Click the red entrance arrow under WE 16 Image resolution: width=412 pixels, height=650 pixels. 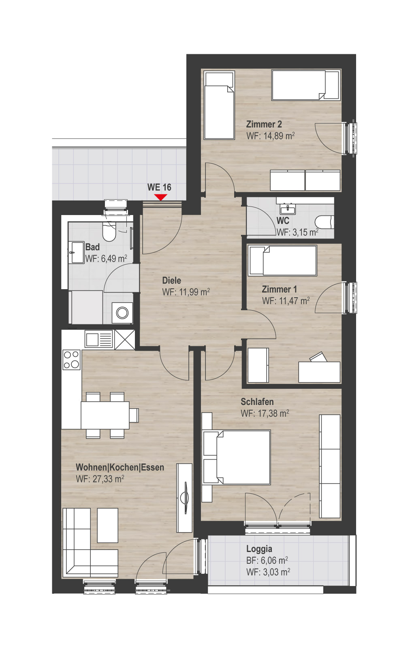(x=160, y=197)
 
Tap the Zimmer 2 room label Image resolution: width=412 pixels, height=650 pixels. (x=264, y=124)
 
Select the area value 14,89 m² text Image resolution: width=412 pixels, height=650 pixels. (x=279, y=136)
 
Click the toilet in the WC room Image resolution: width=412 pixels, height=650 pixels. (x=324, y=222)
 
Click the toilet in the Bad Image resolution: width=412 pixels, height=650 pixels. (x=109, y=231)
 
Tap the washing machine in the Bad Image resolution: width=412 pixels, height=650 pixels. (x=122, y=313)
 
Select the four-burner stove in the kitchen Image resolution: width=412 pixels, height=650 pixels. (x=72, y=360)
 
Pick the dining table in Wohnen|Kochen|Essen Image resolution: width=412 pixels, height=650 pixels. (x=105, y=415)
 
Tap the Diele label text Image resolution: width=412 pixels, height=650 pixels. (x=172, y=280)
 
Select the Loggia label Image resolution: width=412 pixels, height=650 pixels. (x=259, y=549)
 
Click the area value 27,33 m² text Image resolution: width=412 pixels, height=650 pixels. (x=108, y=479)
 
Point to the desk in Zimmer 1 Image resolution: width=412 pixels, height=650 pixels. (x=319, y=372)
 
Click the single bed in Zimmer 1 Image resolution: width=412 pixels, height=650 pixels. (x=282, y=260)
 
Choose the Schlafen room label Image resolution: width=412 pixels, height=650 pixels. (x=257, y=402)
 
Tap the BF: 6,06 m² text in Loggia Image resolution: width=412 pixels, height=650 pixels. (x=267, y=560)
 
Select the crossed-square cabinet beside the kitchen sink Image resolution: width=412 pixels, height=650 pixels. (x=125, y=339)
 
